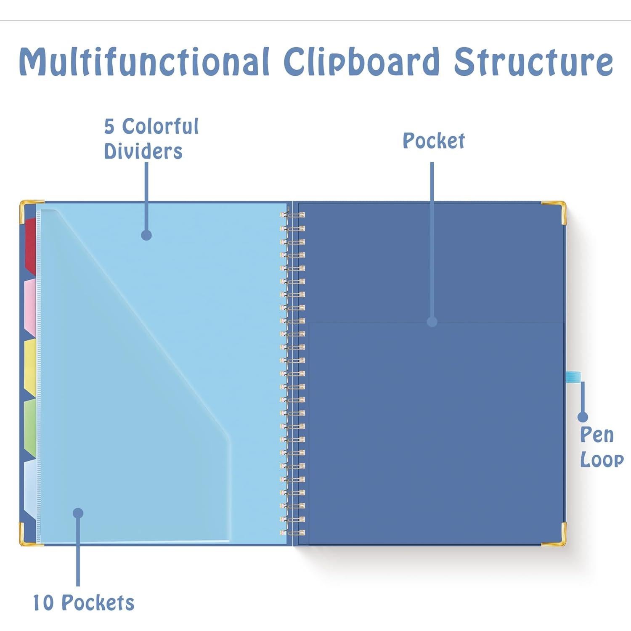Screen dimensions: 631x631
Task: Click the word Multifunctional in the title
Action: [144, 62]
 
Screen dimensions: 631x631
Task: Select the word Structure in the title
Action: [533, 62]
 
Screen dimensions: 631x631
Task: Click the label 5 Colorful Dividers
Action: [151, 139]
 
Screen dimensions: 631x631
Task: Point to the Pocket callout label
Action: [433, 141]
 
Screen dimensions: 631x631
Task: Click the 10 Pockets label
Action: [83, 602]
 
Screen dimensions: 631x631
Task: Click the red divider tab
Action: [30, 246]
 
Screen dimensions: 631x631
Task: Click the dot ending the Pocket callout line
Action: [432, 322]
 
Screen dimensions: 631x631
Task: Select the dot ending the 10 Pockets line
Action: [78, 513]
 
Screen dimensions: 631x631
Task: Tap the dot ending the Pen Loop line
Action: [583, 417]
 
